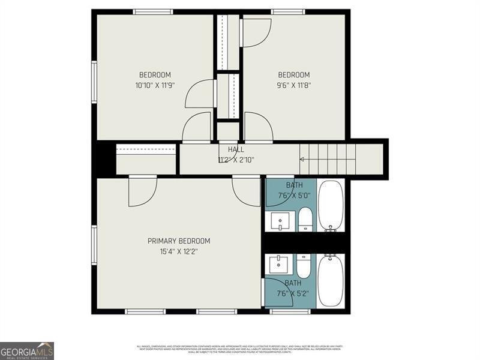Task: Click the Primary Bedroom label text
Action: (179, 241)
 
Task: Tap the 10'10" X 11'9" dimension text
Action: (155, 85)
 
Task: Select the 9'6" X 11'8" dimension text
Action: (294, 85)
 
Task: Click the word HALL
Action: (235, 149)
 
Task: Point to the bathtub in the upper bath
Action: (331, 205)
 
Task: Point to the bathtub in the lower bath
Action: (331, 280)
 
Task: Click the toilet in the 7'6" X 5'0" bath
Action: (305, 219)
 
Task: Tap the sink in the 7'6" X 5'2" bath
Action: (280, 265)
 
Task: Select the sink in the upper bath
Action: (280, 221)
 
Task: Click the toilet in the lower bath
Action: (304, 265)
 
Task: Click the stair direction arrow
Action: (302, 159)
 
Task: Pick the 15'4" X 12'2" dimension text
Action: (179, 251)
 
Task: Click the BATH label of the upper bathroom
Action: (294, 185)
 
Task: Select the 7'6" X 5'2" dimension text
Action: (293, 293)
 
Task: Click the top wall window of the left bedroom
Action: (153, 11)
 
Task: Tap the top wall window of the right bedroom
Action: (288, 11)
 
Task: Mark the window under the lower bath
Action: (290, 311)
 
